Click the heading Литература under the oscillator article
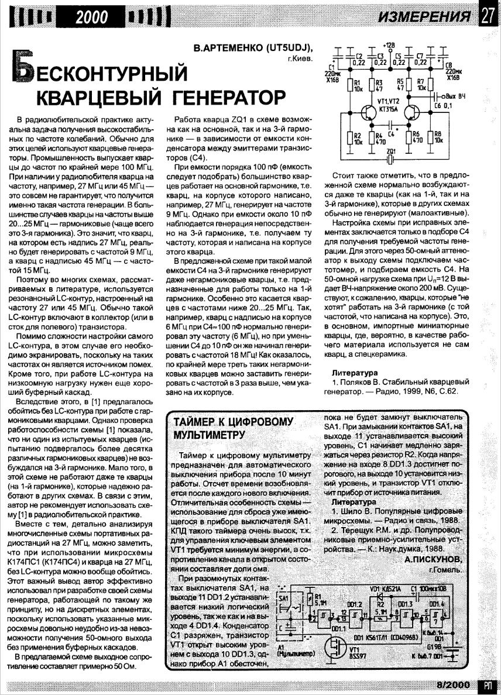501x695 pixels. pyautogui.click(x=354, y=372)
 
